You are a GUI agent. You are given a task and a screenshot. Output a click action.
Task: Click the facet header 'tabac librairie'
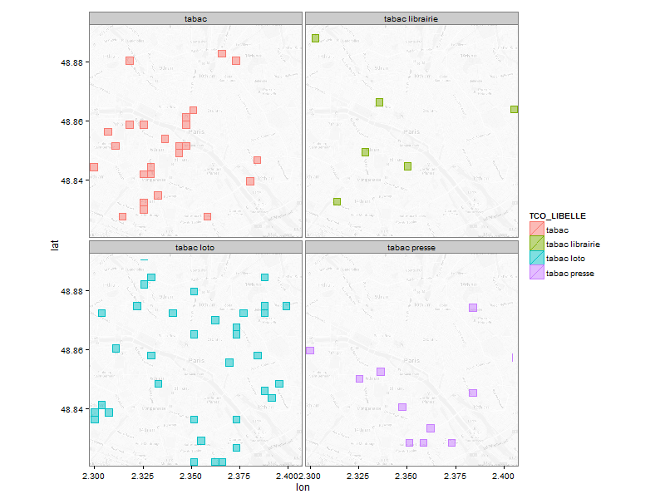411,18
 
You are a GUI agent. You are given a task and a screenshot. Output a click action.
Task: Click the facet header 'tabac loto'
195,248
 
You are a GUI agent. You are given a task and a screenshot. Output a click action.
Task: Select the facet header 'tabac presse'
411,248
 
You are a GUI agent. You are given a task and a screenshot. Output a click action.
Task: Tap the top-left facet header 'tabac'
195,18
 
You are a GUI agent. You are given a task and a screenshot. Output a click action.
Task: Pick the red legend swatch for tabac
537,230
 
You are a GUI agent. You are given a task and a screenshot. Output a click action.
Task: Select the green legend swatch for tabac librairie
537,245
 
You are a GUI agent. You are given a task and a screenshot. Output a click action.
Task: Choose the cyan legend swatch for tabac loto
537,259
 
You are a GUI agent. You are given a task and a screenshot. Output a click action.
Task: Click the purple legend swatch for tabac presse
537,273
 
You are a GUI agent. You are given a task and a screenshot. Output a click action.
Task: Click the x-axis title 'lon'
303,488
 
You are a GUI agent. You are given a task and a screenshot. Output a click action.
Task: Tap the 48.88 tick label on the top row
73,62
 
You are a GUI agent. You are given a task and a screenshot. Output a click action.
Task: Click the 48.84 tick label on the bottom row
73,410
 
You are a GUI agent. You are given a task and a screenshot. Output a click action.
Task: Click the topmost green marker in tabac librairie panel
315,38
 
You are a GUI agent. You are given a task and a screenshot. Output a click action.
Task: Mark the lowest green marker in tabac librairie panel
337,201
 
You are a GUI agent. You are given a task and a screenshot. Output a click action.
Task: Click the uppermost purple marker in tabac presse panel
472,308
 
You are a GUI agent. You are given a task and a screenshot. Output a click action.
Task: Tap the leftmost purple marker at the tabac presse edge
310,350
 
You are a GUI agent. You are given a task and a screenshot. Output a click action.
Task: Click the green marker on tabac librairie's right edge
515,110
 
